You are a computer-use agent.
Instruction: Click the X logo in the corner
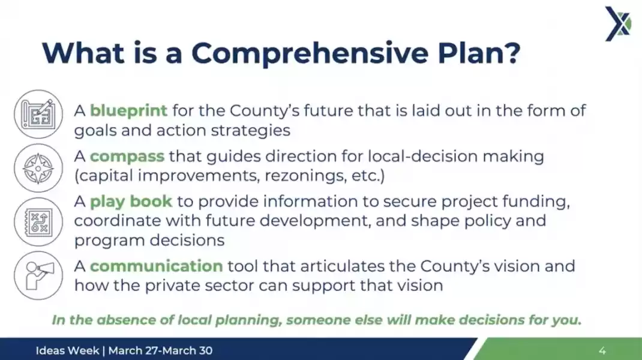618,24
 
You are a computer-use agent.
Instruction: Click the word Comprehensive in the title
310,53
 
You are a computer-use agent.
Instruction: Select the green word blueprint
128,111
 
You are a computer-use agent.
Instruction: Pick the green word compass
127,157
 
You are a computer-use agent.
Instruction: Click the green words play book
131,202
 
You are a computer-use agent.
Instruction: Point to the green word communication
157,266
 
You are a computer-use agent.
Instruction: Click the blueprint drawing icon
38,114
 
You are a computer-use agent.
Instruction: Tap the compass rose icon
38,168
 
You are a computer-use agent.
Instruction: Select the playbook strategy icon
38,222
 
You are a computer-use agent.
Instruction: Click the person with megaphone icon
38,275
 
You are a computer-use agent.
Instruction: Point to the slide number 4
602,350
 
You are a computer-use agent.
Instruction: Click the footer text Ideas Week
68,350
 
